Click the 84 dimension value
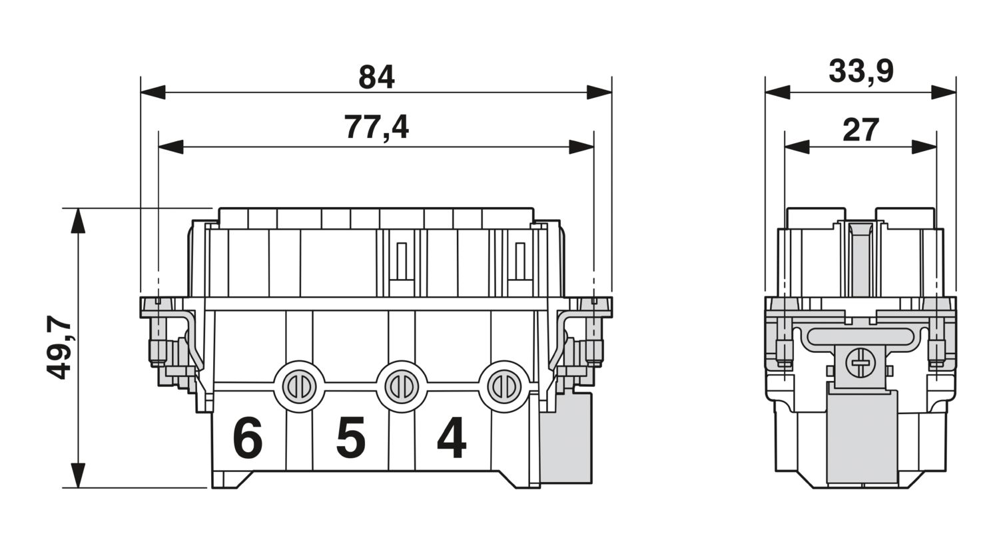coord(376,77)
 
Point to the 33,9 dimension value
coord(860,71)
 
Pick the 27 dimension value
coord(860,130)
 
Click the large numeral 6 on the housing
coord(247,438)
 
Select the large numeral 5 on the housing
coord(350,438)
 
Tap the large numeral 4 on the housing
coord(452,438)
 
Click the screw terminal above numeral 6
coord(298,386)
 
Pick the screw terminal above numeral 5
coord(402,386)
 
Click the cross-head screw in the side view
coord(859,364)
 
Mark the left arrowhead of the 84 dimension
coord(153,93)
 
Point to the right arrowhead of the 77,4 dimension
coord(581,147)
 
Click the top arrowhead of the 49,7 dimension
coord(79,220)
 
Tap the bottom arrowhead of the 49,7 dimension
coord(79,475)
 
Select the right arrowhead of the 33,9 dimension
coord(944,93)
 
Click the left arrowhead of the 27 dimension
coord(797,147)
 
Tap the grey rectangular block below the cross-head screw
coord(862,436)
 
